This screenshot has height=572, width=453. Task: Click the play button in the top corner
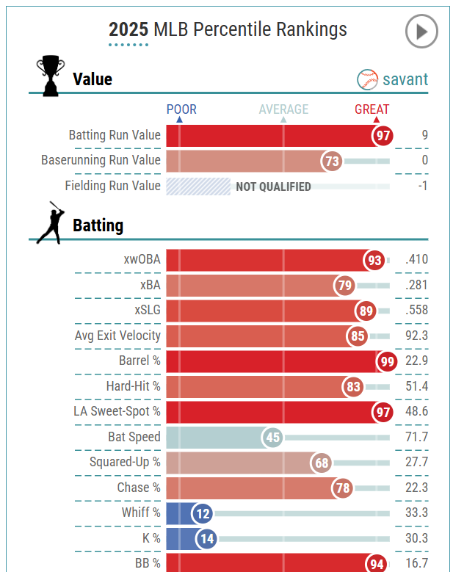tap(421, 32)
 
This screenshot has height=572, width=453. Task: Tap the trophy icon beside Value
tap(50, 76)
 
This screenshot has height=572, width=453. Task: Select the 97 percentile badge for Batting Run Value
tap(382, 136)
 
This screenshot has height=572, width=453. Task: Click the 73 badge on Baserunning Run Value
tap(332, 161)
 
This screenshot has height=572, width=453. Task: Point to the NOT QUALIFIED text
tap(273, 187)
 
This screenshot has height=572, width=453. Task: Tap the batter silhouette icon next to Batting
tap(50, 222)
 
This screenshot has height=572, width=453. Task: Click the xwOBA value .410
tap(416, 260)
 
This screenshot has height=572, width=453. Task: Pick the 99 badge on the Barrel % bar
tap(386, 361)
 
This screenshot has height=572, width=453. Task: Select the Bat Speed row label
tap(134, 437)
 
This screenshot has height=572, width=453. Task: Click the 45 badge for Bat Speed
tap(273, 438)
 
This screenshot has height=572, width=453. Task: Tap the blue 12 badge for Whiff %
tap(202, 513)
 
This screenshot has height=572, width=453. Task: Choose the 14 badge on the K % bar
tap(206, 539)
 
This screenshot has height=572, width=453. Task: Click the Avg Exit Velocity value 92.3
tap(416, 336)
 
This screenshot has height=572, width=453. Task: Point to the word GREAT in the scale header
tap(372, 109)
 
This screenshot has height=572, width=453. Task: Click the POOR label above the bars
tap(181, 109)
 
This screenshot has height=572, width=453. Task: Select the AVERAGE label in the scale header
tap(283, 109)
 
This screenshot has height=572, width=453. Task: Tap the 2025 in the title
tap(128, 29)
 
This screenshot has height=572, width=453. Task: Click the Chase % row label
tap(138, 488)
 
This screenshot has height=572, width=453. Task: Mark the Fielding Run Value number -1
tap(422, 186)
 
